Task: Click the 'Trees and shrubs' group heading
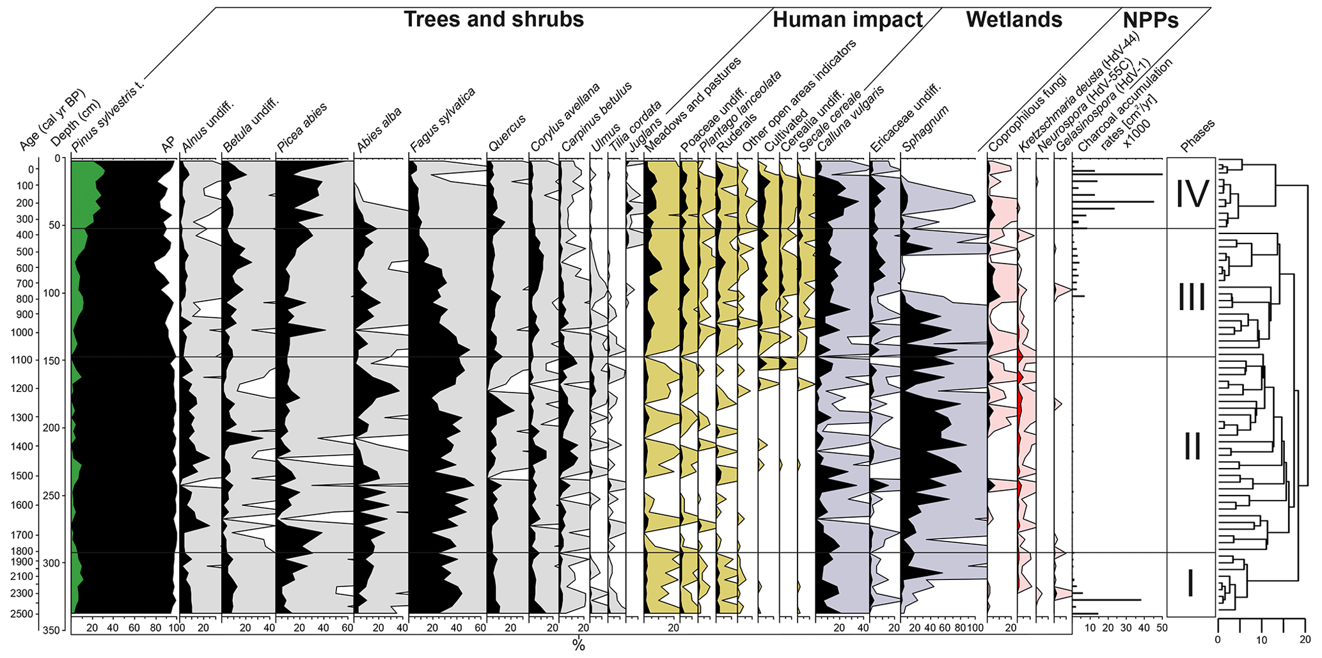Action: coord(493,20)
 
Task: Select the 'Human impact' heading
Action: coord(847,20)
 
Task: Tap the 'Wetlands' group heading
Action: coord(1014,20)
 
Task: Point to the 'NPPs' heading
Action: coord(1150,20)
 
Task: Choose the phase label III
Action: coord(1192,298)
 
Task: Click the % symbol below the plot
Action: coord(578,645)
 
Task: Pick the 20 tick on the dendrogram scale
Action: coord(1305,639)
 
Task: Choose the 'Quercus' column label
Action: coord(507,136)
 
